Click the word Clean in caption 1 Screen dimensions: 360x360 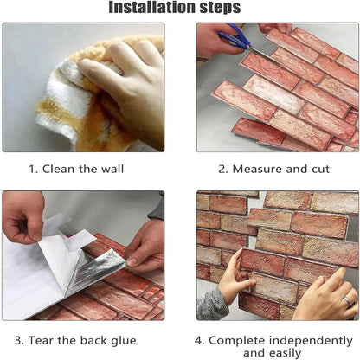pos(65,170)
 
